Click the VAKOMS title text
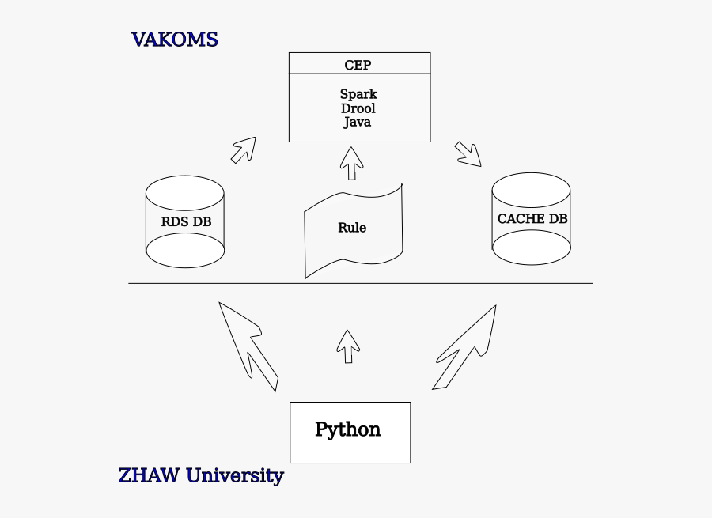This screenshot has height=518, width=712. click(x=174, y=40)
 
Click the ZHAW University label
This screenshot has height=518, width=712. click(x=200, y=476)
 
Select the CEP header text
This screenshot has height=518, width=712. click(x=358, y=65)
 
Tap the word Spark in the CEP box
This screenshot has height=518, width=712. click(x=358, y=94)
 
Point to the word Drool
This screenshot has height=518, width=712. click(x=358, y=108)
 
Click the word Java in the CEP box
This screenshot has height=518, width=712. click(x=358, y=123)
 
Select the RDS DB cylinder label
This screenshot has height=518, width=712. click(x=186, y=222)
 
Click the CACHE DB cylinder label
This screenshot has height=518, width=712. click(x=532, y=219)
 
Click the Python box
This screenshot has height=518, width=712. click(x=350, y=432)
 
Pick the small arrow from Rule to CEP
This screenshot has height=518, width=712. click(x=351, y=162)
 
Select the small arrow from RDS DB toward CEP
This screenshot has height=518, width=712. click(x=244, y=149)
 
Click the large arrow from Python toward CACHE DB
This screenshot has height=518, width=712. click(x=467, y=347)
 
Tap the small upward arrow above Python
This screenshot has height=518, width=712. click(x=347, y=346)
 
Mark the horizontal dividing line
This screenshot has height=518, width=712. click(x=361, y=283)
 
